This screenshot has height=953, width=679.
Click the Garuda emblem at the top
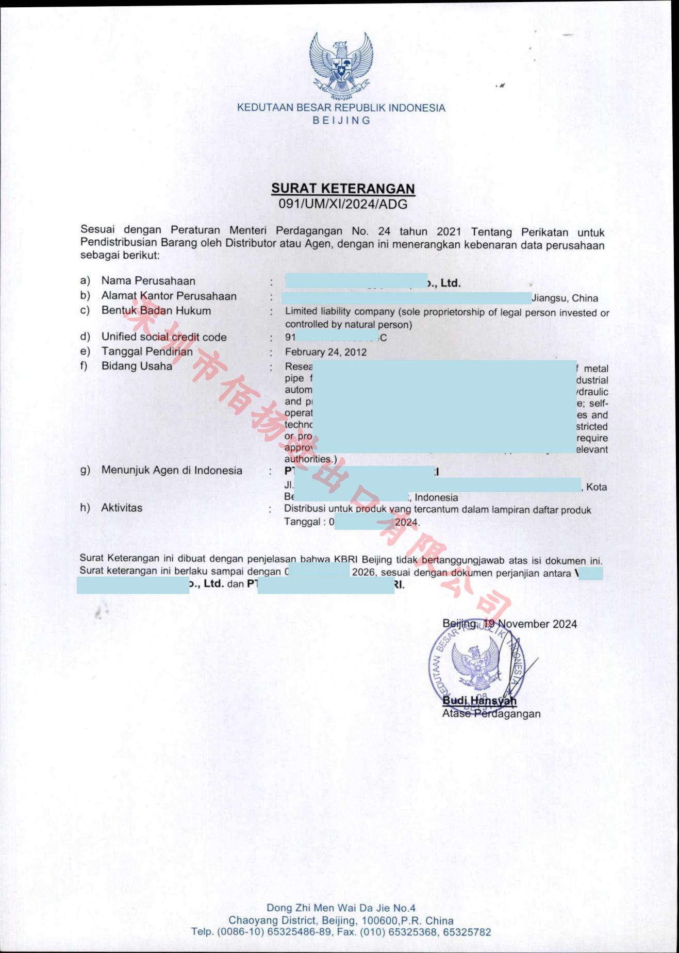point(341,64)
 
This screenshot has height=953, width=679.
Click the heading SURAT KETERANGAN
point(343,189)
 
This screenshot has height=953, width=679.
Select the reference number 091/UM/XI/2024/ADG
point(343,204)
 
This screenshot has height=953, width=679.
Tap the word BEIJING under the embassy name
point(341,121)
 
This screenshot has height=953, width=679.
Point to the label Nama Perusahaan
point(148,281)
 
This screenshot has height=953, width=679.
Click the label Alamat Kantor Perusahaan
point(169,296)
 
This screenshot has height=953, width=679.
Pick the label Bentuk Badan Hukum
point(156,311)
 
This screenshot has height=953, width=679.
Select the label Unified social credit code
point(164,337)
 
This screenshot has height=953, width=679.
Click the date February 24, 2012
point(326,352)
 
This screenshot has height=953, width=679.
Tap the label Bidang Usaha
point(137,366)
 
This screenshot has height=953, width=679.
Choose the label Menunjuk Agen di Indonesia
point(172,470)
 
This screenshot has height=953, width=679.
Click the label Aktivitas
point(122,508)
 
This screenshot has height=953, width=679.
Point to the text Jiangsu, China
point(565,298)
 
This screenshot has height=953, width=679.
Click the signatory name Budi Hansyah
point(479,700)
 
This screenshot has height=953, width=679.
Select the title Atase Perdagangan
point(491,714)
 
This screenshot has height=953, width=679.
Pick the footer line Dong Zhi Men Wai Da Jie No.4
point(341,908)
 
